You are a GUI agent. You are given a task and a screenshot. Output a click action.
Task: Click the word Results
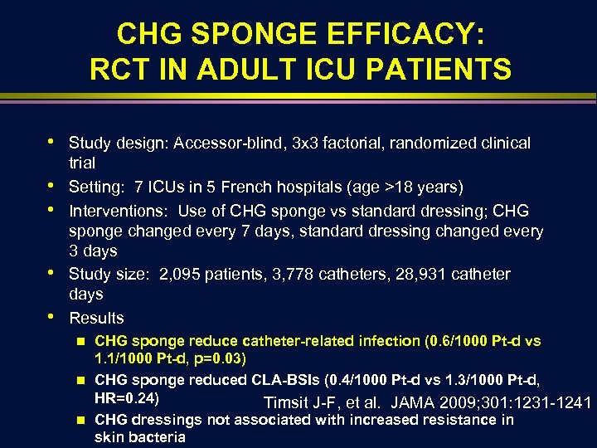(x=96, y=318)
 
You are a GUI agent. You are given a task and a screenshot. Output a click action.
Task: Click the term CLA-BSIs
(x=283, y=380)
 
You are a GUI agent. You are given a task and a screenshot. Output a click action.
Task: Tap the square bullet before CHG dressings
(x=80, y=420)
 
